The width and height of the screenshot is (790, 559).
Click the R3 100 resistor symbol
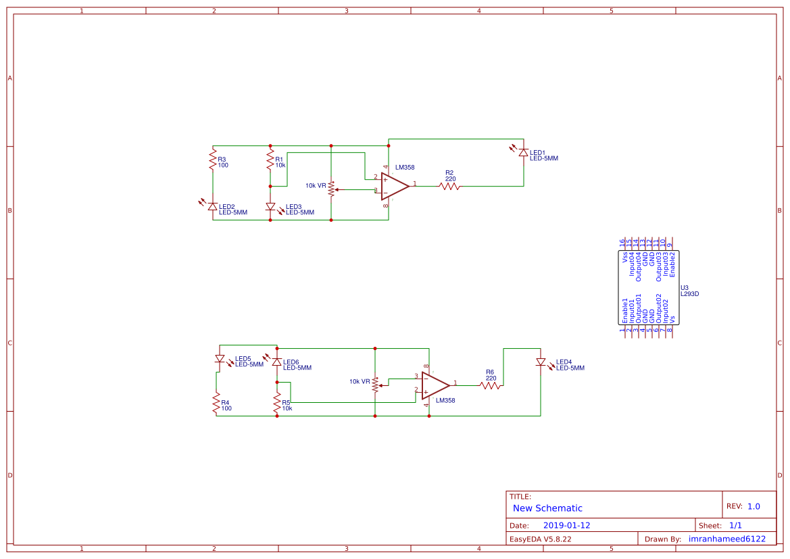(x=213, y=162)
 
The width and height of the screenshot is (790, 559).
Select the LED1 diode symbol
(x=523, y=153)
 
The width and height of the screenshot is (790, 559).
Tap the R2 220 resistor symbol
(x=449, y=186)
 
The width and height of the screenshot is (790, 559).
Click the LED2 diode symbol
(x=213, y=206)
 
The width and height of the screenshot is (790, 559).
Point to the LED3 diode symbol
(x=270, y=206)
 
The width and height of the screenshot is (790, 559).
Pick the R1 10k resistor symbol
(x=270, y=162)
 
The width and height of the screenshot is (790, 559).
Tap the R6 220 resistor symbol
(x=491, y=385)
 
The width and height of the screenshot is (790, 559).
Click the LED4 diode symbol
(x=541, y=362)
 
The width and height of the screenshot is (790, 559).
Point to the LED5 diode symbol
(x=220, y=359)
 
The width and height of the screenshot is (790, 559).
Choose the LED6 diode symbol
(x=277, y=362)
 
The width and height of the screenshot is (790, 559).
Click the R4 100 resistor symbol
(x=216, y=404)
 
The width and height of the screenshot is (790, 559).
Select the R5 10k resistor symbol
(x=277, y=404)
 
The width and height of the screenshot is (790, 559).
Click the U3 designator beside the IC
(x=685, y=287)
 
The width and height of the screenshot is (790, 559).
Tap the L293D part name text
(x=689, y=294)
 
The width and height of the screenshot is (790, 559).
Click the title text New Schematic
(x=547, y=508)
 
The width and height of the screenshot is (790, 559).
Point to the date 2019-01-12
(x=566, y=525)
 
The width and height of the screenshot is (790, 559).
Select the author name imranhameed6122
(x=726, y=539)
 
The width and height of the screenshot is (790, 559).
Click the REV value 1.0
(x=754, y=506)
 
